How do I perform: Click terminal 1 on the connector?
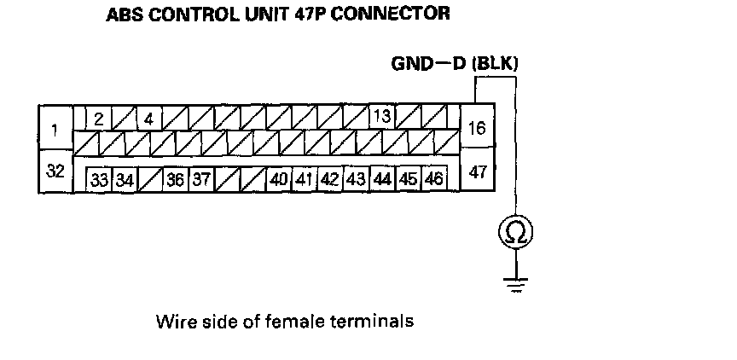55,131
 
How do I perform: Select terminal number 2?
99,119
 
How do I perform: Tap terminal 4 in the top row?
148,119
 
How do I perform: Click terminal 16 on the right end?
478,128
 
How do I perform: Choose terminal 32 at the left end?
55,171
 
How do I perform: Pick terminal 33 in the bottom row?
100,180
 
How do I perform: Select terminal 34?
125,180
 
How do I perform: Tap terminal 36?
175,180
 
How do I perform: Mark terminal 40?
278,180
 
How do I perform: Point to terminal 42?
330,180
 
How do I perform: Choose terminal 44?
382,180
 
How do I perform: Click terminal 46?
433,180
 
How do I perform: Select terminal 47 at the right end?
478,171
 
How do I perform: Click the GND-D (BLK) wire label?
455,63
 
